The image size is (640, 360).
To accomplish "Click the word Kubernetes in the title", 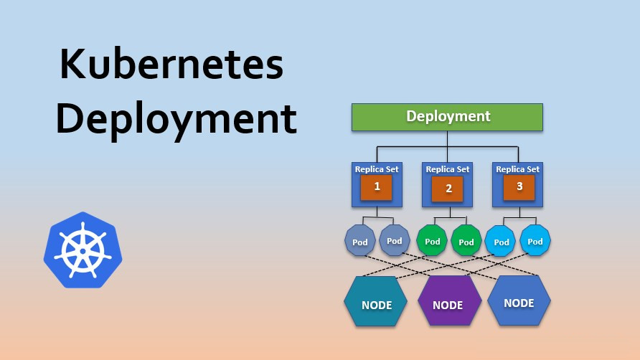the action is [x=171, y=64].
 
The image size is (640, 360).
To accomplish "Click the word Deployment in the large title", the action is [x=177, y=119].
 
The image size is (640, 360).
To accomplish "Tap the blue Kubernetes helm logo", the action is [x=83, y=250].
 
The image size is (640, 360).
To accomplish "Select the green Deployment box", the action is [x=447, y=117].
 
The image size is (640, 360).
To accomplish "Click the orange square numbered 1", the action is [x=377, y=187].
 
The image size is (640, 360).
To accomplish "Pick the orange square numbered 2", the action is [x=447, y=189].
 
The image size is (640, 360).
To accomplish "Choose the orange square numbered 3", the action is [x=519, y=187].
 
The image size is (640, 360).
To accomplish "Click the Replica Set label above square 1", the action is [x=377, y=169].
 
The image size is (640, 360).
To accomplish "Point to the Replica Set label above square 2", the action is [x=448, y=169].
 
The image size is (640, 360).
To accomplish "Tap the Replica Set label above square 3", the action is [x=518, y=169].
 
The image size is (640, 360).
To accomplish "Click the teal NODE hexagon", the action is [x=375, y=301].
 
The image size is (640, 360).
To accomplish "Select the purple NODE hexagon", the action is [x=449, y=300].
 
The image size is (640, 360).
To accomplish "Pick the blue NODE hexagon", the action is [x=519, y=300].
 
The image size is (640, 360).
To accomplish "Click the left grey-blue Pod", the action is [x=360, y=241].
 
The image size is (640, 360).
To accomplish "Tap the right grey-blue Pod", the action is [x=395, y=240].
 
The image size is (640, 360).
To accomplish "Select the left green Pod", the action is [x=432, y=241].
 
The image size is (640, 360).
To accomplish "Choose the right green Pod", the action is [x=466, y=241].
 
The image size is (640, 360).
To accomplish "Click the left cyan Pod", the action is [x=500, y=241].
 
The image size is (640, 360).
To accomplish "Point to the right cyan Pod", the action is [x=535, y=241].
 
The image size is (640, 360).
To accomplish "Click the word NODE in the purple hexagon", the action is [x=448, y=305].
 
